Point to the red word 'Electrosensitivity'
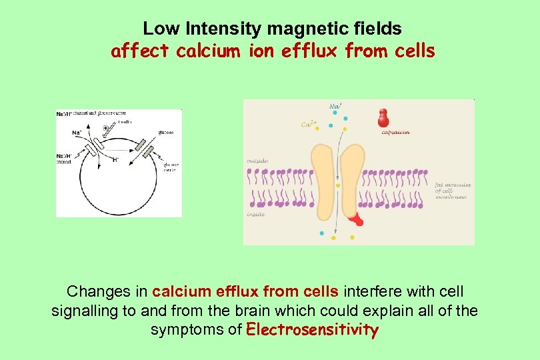[x=312, y=329]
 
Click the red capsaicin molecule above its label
[x=383, y=117]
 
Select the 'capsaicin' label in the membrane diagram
[x=395, y=133]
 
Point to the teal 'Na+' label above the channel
[x=335, y=105]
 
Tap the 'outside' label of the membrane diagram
[x=258, y=160]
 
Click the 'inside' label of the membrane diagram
[x=256, y=214]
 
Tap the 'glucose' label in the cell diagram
[x=165, y=133]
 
